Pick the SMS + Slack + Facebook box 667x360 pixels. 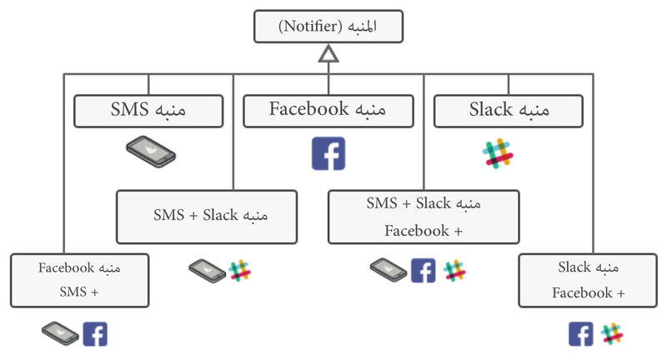424,217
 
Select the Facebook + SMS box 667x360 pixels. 80,280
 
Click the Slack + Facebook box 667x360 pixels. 587,280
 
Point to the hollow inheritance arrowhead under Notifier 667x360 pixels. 328,55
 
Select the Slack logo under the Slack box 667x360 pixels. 499,153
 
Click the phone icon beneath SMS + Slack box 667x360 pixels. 207,270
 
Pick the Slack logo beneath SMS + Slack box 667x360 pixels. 240,270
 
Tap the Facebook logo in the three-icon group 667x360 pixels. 423,270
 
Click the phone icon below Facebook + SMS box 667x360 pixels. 60,334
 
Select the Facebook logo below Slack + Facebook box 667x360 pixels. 581,334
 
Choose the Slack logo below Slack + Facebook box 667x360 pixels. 613,334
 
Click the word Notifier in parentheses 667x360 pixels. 309,27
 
